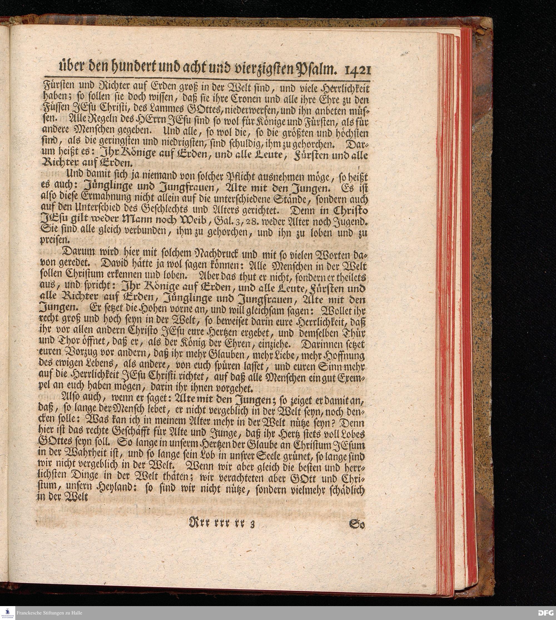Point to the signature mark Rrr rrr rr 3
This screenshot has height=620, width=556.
[222, 525]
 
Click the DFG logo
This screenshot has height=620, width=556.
[546, 613]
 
